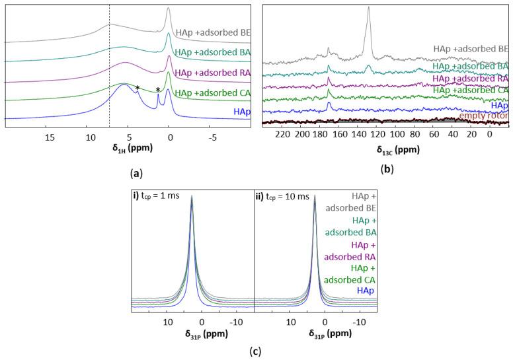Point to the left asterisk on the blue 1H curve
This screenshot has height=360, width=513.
[138, 88]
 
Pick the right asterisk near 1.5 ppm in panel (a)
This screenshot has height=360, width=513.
[158, 90]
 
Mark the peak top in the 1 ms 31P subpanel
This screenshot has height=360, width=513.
[192, 198]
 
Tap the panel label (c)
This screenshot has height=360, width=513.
[254, 351]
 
